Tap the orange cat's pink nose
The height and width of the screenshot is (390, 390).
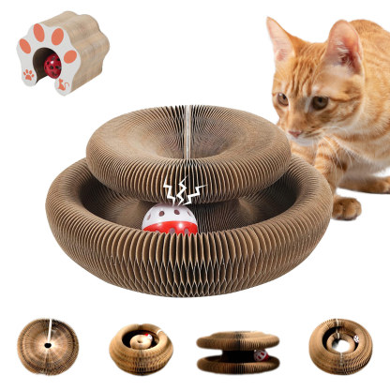tap(297, 131)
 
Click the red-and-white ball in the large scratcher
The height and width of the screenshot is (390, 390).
tap(169, 218)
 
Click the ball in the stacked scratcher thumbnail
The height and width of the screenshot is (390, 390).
tap(262, 355)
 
